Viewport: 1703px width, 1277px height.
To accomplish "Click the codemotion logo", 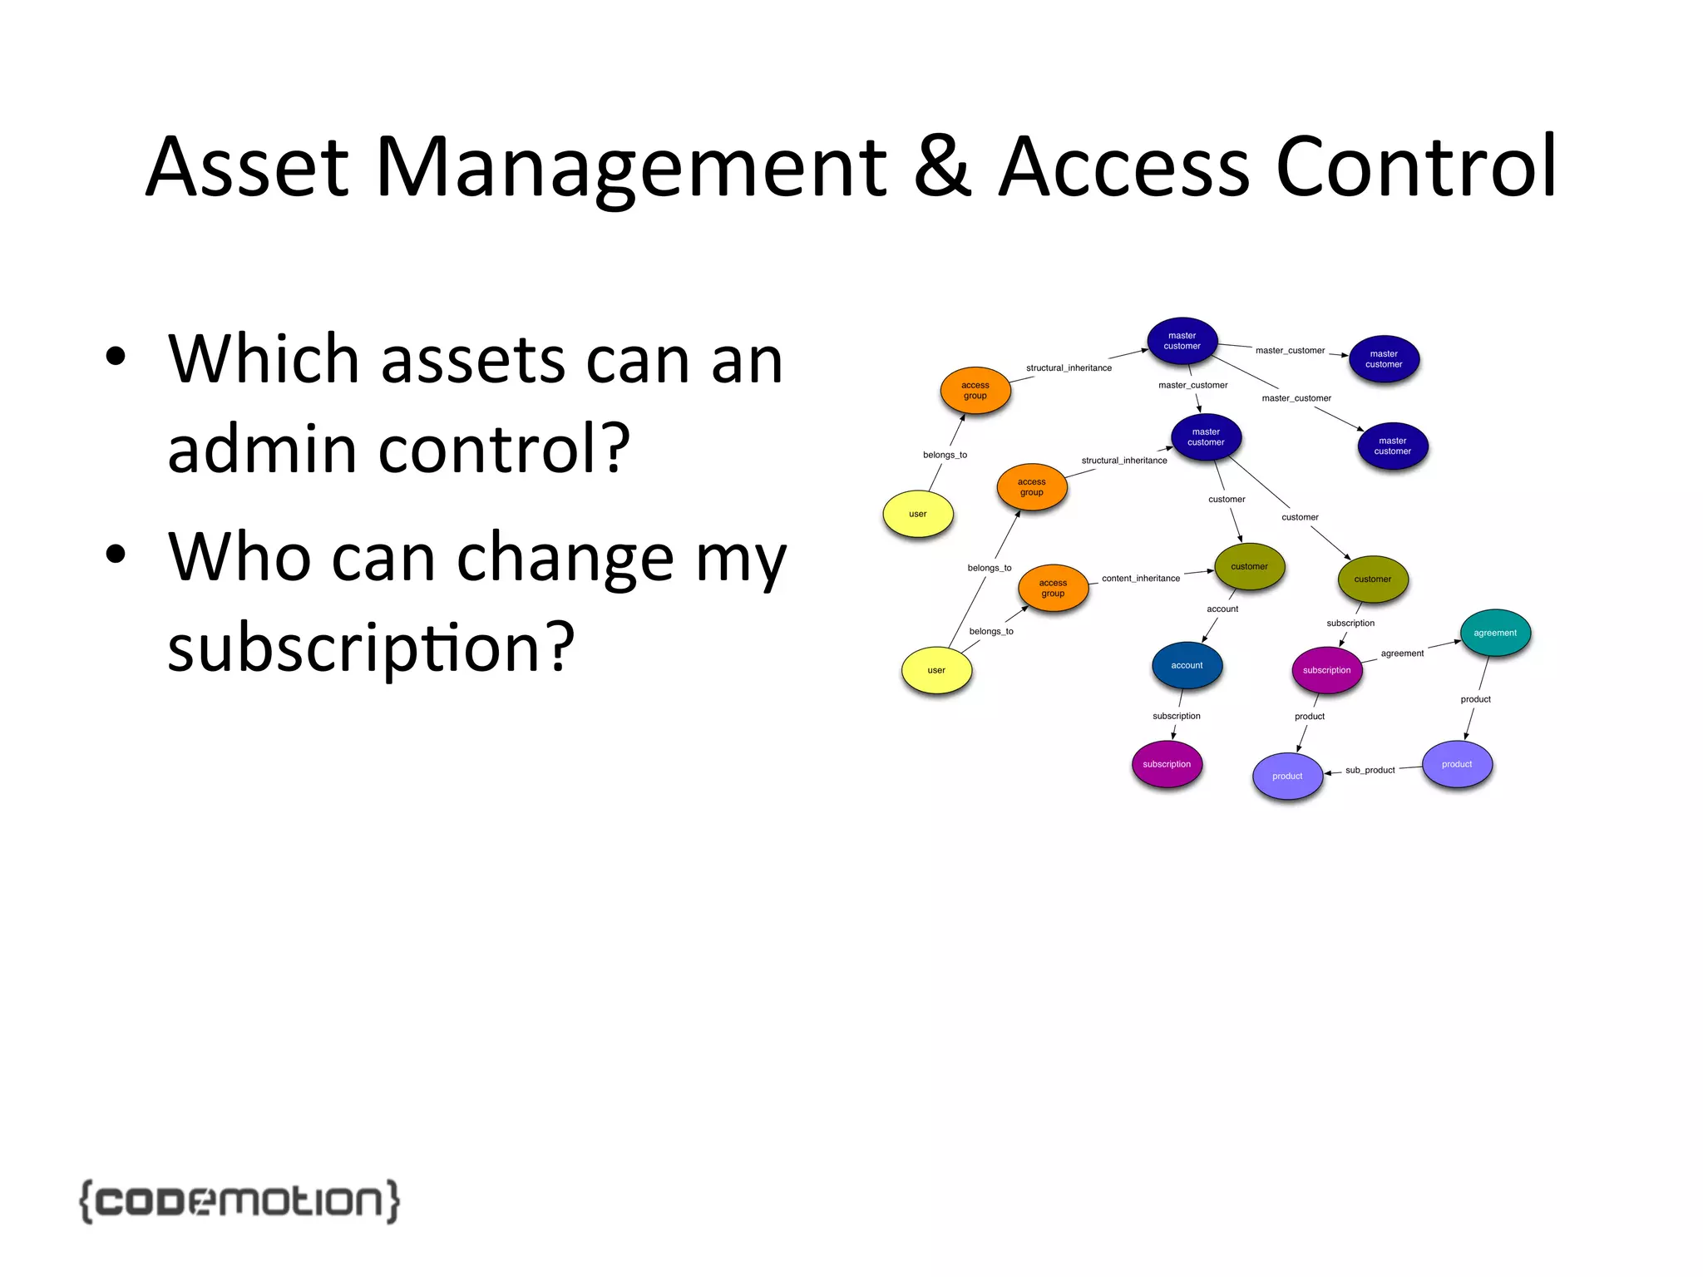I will (239, 1201).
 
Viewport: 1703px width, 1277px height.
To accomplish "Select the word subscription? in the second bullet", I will (371, 648).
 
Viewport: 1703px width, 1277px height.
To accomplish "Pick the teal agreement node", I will (1495, 633).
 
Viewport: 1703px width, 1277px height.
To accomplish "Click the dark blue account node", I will (1187, 665).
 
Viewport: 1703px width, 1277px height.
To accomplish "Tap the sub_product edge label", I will (1370, 770).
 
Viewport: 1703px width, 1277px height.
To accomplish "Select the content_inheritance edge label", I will (1140, 578).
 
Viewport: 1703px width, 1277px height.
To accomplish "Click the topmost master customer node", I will (1182, 341).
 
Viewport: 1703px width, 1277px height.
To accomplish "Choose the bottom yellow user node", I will (936, 670).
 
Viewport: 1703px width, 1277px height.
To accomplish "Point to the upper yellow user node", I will (917, 514).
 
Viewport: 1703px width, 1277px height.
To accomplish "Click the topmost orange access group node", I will (975, 390).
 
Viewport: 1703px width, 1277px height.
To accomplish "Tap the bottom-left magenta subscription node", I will (1166, 764).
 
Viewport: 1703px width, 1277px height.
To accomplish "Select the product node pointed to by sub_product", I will (1287, 776).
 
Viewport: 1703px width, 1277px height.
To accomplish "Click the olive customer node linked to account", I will (1249, 566).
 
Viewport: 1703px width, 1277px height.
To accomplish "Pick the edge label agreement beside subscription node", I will (1402, 653).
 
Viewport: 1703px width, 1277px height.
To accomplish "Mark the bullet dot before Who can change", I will (116, 555).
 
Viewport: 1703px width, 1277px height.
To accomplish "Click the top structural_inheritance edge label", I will (1069, 367).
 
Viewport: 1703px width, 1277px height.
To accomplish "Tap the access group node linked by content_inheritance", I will (1053, 588).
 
